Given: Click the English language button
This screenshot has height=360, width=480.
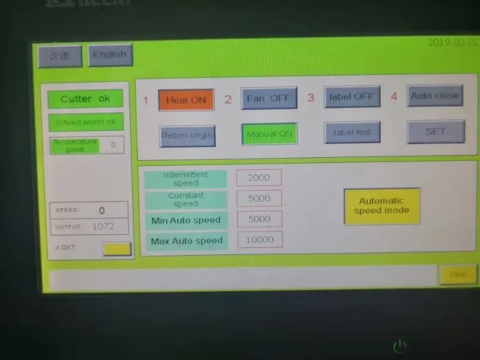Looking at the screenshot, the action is click(x=110, y=55).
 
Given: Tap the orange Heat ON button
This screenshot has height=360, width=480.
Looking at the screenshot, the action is click(x=186, y=100).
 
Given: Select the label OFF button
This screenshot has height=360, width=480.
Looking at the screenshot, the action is click(x=352, y=97).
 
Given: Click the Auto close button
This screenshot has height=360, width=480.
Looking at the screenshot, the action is click(x=435, y=95).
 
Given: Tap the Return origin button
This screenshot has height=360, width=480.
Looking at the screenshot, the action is click(x=187, y=135).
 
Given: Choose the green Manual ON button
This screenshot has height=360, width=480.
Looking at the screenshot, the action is click(x=269, y=134).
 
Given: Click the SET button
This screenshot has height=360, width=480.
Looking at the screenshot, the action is click(x=436, y=131).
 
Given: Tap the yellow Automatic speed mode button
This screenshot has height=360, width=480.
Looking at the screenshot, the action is click(x=382, y=206).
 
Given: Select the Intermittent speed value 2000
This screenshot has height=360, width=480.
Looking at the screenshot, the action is click(x=259, y=178).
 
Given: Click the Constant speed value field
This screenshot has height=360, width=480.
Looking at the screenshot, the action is click(x=259, y=199).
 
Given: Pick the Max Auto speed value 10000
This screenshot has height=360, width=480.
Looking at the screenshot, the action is click(x=260, y=239).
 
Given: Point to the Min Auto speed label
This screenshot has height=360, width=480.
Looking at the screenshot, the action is click(x=186, y=220).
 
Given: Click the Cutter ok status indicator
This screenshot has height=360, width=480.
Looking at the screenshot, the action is click(x=86, y=99).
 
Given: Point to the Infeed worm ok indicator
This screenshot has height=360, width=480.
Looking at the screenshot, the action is click(x=86, y=122).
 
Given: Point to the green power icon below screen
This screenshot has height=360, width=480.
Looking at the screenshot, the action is click(x=400, y=346).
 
